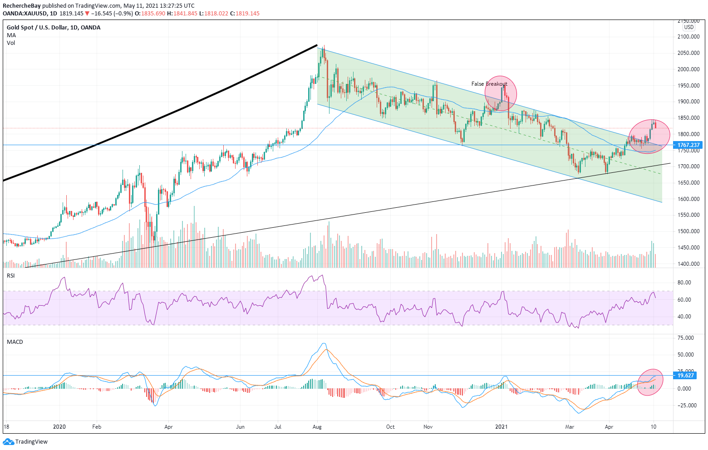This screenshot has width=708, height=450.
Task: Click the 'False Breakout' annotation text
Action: click(489, 84)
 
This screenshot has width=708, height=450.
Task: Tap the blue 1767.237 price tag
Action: click(688, 145)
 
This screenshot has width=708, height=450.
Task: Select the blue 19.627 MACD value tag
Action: click(685, 376)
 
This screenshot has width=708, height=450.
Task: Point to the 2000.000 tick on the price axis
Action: click(688, 69)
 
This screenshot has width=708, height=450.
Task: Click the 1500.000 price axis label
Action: click(688, 231)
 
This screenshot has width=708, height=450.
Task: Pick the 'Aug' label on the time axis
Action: click(317, 427)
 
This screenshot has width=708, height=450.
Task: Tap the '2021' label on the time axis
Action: click(501, 427)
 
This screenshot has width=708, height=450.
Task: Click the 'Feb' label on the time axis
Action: click(96, 427)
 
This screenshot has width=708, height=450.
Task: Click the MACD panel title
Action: click(15, 342)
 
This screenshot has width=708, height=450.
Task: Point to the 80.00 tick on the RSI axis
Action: click(684, 283)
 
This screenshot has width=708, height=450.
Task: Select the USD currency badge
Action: click(689, 27)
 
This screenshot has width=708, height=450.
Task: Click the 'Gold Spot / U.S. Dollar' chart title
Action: click(37, 28)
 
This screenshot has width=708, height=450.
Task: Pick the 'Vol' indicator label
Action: click(11, 43)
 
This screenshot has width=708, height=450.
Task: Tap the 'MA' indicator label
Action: click(11, 35)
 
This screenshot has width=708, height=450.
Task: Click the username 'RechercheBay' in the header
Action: click(22, 6)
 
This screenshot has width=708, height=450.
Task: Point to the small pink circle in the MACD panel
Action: click(650, 382)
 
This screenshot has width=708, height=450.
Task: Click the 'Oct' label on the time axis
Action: click(390, 427)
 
